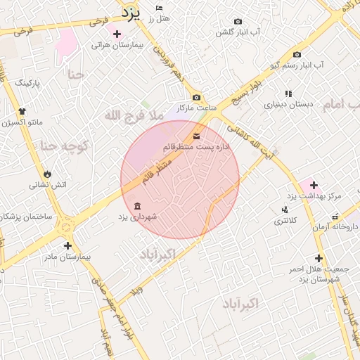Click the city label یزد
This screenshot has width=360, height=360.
[x=131, y=12]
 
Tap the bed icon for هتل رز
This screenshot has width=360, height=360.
[x=160, y=7]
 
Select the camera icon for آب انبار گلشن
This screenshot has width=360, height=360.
[x=238, y=22]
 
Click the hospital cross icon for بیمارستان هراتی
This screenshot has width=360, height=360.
[x=117, y=34]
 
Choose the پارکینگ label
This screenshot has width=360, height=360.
[x=27, y=83]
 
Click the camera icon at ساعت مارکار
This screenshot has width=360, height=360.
[x=196, y=97]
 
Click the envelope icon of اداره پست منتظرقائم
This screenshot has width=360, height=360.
[x=196, y=136]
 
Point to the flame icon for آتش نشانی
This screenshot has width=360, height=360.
[x=47, y=174]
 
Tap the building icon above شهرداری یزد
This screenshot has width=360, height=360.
[x=136, y=206]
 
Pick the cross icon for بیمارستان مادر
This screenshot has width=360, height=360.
[x=67, y=245]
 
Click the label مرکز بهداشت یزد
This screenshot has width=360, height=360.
[x=314, y=195]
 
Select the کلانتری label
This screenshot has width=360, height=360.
[x=285, y=221]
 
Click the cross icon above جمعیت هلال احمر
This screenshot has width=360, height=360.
[x=319, y=258]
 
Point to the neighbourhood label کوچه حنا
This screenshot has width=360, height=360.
[x=64, y=146]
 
